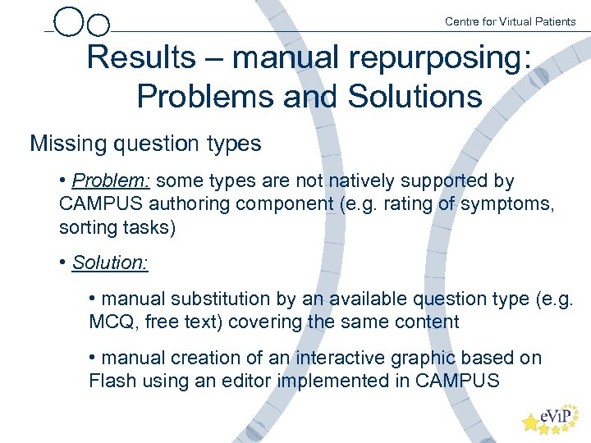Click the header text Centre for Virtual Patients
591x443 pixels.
click(510, 21)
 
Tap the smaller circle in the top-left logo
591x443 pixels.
click(98, 26)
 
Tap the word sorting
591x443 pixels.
click(88, 226)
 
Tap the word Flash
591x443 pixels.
click(112, 381)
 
